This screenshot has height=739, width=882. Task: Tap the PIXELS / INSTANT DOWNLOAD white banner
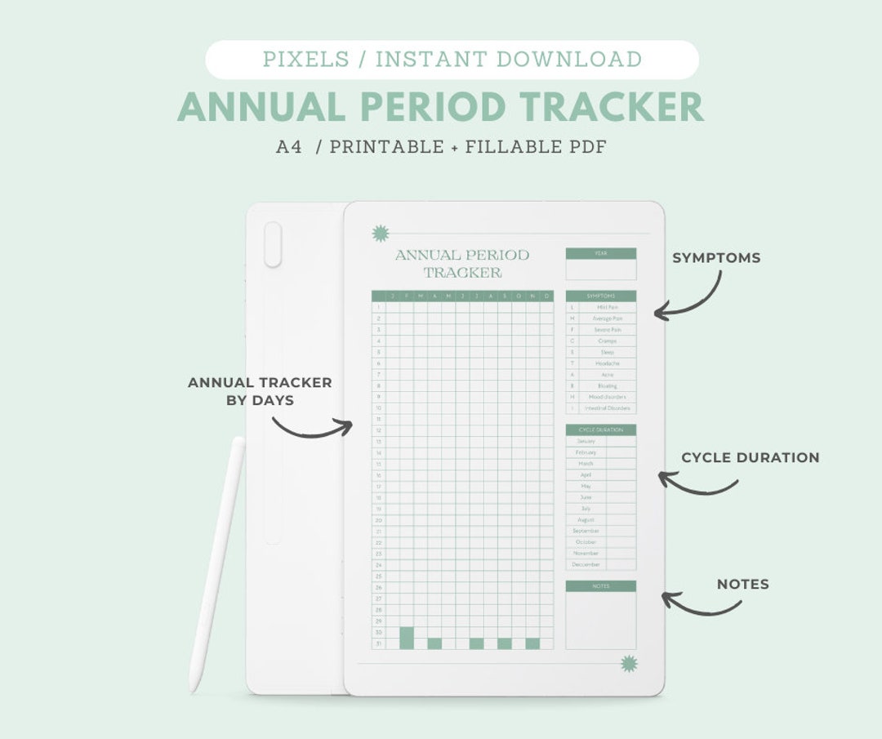[x=452, y=60]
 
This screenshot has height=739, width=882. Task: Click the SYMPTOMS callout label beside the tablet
[x=716, y=258]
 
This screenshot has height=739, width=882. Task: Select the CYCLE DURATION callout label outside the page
[x=750, y=457]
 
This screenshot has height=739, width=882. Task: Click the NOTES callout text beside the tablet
[x=742, y=584]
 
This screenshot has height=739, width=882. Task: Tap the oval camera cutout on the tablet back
[x=273, y=244]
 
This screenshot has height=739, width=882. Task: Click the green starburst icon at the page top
[x=380, y=234]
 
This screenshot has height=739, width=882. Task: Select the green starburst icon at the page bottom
[x=628, y=663]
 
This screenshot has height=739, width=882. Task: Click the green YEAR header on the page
[x=600, y=254]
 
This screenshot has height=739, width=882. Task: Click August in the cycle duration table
[x=586, y=519]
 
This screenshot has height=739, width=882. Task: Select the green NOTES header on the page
[x=600, y=586]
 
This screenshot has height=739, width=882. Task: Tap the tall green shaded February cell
[x=407, y=638]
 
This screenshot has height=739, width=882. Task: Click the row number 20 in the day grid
[x=378, y=519]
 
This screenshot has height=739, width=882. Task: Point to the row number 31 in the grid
[x=378, y=643]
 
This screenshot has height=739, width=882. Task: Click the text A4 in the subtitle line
[x=289, y=148]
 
